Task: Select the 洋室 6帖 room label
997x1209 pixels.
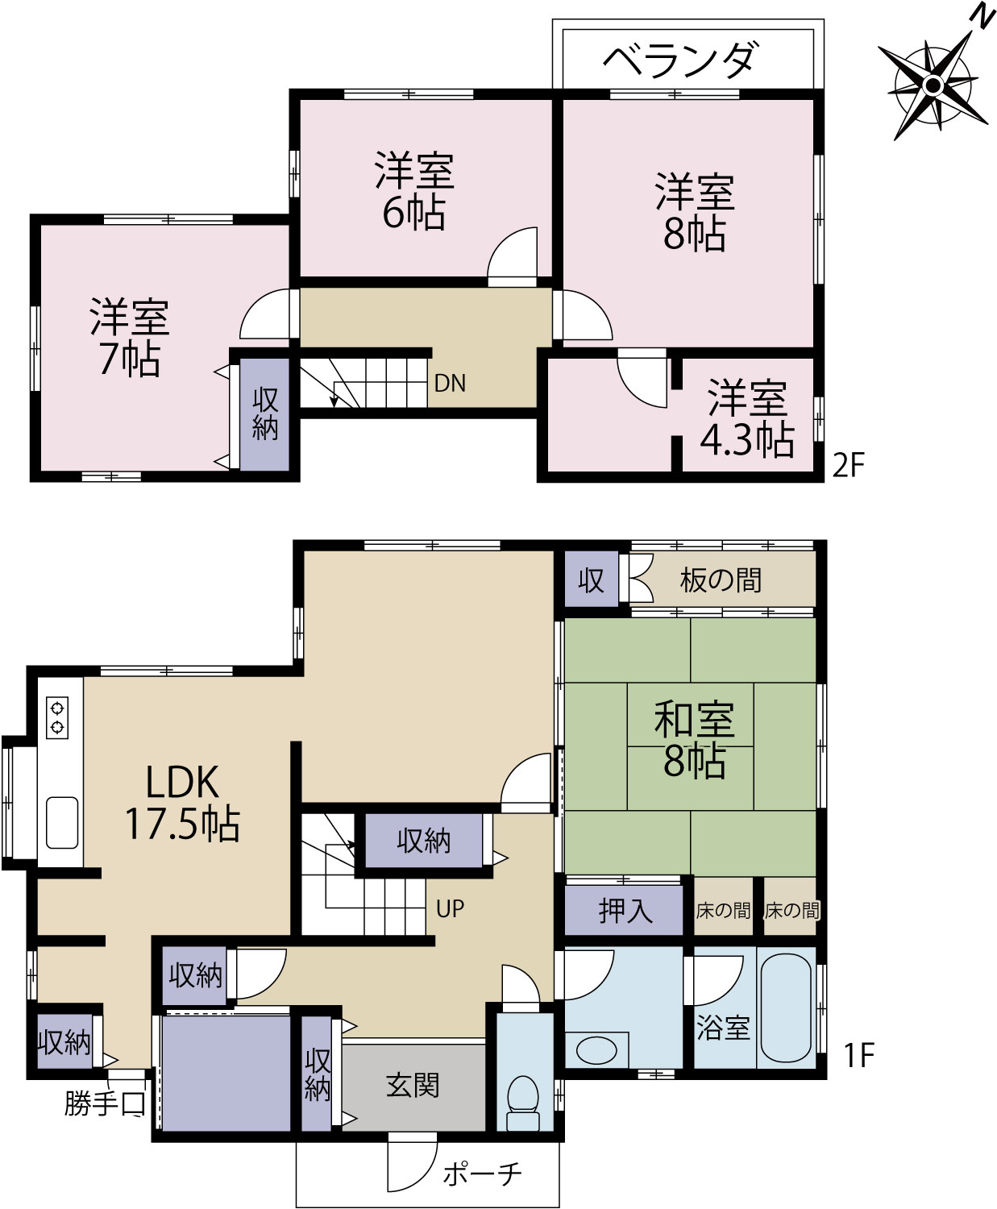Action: [x=414, y=190]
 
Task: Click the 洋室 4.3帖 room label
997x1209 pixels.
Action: [x=747, y=419]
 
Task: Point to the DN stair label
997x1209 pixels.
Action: [x=450, y=384]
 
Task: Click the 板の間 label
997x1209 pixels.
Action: [x=721, y=580]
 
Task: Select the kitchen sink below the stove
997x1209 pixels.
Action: [x=62, y=822]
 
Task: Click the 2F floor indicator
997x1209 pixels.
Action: [x=848, y=464]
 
